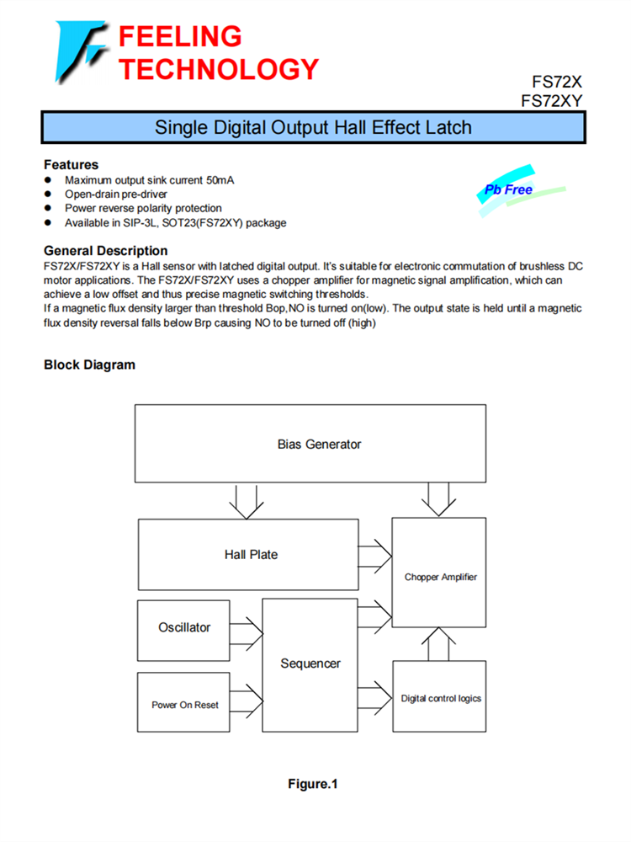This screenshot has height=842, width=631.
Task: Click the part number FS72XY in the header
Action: pos(552,101)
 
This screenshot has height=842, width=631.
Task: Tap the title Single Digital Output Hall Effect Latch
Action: pos(313,128)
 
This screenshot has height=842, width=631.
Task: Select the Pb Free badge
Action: pos(508,190)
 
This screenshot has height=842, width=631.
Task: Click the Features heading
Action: pos(72,165)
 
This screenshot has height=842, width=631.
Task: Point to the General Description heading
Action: pos(106,251)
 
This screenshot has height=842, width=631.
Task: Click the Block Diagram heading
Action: pos(89,365)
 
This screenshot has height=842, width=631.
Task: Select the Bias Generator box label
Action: pos(320,444)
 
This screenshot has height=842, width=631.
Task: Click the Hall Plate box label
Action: pos(251,554)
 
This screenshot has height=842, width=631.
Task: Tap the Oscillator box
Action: pos(184,627)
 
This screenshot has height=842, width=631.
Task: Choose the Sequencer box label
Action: pos(310,663)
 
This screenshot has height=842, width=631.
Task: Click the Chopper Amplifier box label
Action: pos(440,578)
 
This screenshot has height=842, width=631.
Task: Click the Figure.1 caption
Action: pos(313,785)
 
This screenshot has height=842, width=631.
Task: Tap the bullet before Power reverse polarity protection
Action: pos(48,208)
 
